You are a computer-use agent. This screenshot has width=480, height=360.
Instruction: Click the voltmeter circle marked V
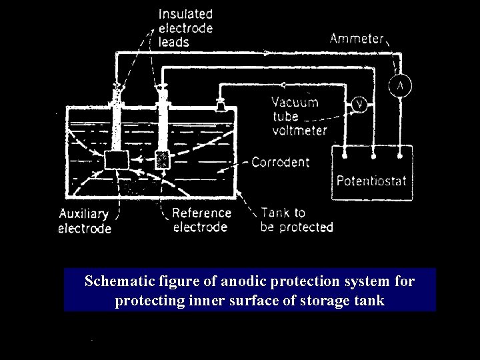click(x=359, y=105)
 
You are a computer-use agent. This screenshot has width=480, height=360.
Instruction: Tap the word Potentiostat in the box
click(x=372, y=181)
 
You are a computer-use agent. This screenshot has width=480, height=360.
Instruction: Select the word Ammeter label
click(x=357, y=39)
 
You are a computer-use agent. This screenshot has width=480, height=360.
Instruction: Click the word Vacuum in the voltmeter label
click(x=295, y=103)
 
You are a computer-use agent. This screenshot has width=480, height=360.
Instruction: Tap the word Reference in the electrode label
click(x=201, y=213)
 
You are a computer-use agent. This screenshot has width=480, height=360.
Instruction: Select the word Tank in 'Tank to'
click(x=275, y=213)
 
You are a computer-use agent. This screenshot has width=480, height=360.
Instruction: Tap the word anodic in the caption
click(x=222, y=282)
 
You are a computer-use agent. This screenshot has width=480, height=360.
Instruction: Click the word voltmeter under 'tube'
click(x=299, y=130)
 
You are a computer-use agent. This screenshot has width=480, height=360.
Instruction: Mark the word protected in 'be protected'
click(x=305, y=227)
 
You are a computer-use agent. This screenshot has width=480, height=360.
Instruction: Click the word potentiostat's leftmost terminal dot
click(x=345, y=157)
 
